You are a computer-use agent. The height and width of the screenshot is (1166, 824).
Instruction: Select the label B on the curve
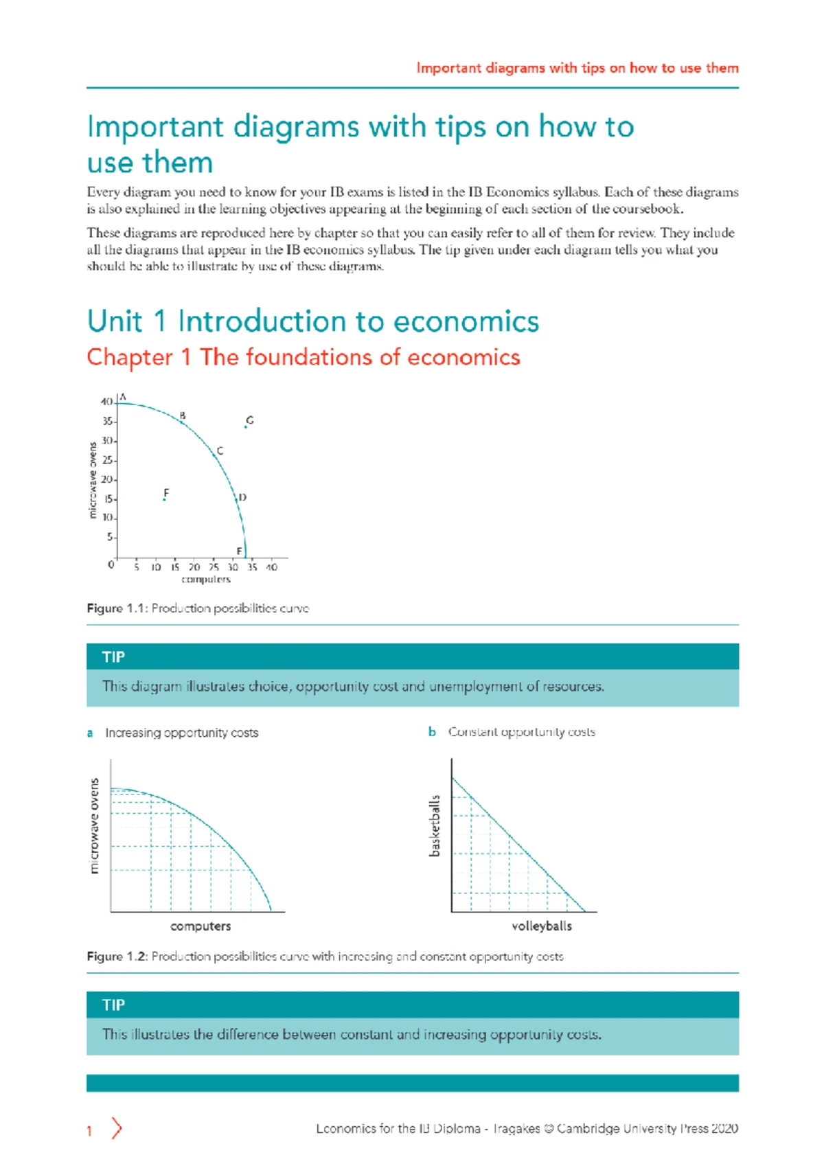coord(183,415)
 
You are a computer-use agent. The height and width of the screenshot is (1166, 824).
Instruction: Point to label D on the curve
coord(242,497)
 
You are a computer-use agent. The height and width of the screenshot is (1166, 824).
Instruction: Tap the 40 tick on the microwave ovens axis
coord(106,402)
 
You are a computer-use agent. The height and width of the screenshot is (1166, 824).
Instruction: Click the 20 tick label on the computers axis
coord(194,567)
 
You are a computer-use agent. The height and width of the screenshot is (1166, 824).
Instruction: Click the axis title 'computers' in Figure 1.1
coord(206,580)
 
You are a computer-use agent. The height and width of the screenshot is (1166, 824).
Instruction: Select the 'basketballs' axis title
coord(434,826)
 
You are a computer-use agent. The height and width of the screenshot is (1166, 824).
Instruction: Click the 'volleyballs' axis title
coord(541,926)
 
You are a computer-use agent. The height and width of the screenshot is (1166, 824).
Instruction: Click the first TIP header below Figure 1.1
coord(114,657)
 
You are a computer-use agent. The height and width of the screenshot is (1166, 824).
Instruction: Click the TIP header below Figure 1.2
coord(114,1005)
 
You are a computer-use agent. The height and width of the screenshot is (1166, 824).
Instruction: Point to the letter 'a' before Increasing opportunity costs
coord(90,733)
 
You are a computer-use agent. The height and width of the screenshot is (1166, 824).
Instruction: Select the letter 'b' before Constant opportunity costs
coord(432,732)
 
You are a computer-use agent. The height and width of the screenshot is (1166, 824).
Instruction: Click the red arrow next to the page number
coord(117,1128)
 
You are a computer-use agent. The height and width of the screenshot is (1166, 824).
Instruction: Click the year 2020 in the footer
coord(724,1128)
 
